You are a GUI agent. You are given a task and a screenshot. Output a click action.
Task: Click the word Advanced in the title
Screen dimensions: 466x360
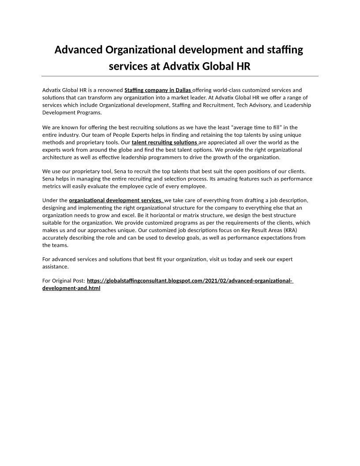point(79,49)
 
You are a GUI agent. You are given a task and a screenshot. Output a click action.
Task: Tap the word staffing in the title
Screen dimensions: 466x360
point(284,49)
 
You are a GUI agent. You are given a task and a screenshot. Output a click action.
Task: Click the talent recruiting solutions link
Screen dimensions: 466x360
point(165,143)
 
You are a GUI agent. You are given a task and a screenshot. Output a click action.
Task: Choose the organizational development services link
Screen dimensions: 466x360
point(116,200)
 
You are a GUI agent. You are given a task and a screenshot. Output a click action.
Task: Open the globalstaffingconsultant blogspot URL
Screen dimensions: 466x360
point(190,281)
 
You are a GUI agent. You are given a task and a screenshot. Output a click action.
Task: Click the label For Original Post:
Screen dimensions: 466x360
point(64,281)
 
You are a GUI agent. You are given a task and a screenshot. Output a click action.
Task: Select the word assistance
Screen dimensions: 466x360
point(56,267)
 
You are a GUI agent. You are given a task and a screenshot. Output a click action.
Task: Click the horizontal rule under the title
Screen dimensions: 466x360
point(180,76)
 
